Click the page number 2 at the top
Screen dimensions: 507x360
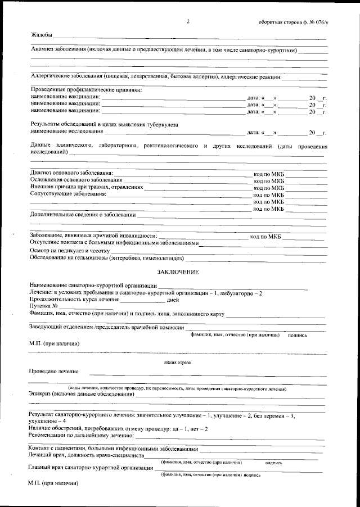tap(188, 21)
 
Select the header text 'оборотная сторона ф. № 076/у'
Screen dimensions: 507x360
tap(292, 22)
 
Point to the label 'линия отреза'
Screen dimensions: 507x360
tap(178, 363)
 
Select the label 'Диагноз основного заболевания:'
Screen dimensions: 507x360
tap(71, 172)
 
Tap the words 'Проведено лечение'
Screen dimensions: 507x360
tap(54, 372)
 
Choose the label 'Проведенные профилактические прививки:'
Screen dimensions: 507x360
tap(85, 90)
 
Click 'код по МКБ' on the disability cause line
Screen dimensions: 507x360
tap(265, 237)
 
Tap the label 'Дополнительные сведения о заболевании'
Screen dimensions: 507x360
tap(83, 215)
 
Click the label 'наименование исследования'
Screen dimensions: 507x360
tap(67, 132)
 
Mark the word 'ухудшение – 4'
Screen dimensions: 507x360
tap(47, 421)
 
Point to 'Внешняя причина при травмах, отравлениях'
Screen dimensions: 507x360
tap(87, 187)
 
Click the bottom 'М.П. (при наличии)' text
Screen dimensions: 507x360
tap(52, 483)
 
